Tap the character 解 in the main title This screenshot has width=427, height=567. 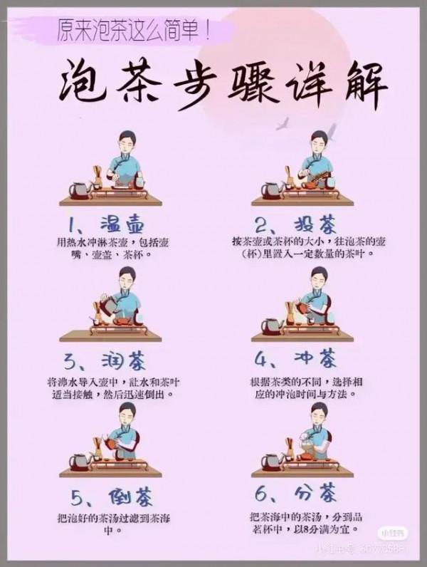tap(361, 88)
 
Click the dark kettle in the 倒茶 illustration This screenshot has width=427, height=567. tap(79, 462)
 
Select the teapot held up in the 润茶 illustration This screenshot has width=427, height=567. tap(109, 304)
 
